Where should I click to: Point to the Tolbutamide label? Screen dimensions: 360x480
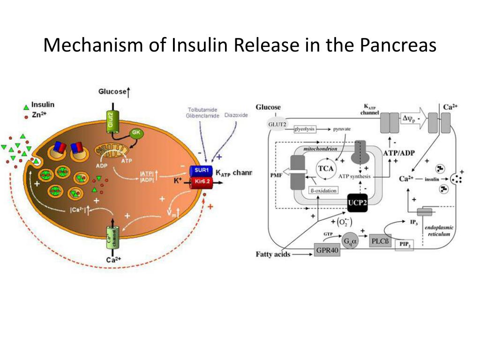coord(202,110)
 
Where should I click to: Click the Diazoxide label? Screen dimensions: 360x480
coord(236,115)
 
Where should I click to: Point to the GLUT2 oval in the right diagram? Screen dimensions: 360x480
coord(276,124)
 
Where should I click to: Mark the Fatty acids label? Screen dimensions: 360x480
coord(273,255)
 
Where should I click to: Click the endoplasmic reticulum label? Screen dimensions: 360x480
coord(438,230)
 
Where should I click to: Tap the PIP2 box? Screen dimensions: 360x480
coord(405,245)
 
